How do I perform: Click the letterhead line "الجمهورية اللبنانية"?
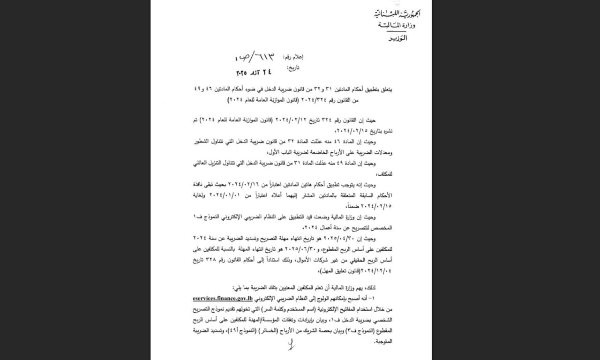tap(391, 13)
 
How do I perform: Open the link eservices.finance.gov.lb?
tap(223, 298)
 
